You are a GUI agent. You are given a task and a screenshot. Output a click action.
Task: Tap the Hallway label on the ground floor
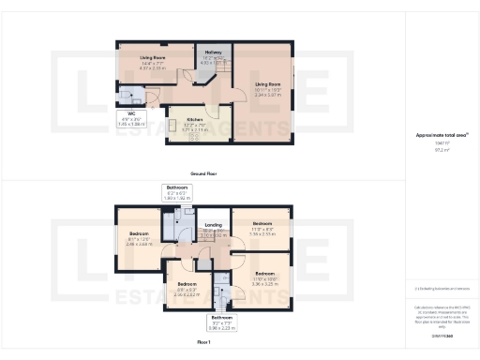click(x=213, y=52)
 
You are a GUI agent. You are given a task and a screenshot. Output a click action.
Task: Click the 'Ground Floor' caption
click(x=204, y=173)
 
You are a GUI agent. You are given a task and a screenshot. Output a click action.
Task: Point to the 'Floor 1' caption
click(x=204, y=343)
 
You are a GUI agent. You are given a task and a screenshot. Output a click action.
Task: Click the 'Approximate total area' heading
click(x=441, y=135)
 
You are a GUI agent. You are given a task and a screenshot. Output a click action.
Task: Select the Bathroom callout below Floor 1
click(x=222, y=324)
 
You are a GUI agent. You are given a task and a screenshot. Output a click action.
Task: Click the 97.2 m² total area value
click(x=441, y=150)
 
